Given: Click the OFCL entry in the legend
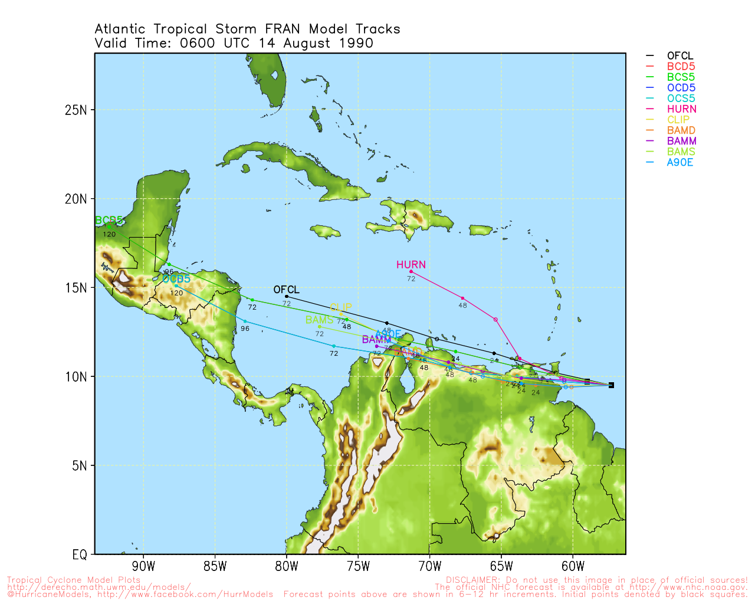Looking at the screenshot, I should pos(680,56).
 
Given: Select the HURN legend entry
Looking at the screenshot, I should pos(681,109).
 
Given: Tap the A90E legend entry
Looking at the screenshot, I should pos(680,162).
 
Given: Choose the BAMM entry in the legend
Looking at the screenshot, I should pos(681,141).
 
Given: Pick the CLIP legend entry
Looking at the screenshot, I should pos(678,120).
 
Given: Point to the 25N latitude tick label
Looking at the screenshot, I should pos(75,110).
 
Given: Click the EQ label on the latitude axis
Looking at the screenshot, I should pos(80,554).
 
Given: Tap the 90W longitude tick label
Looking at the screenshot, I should pos(143,567).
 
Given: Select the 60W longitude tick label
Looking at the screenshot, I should pos(573,567).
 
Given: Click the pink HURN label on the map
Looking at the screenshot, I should pos(411,265).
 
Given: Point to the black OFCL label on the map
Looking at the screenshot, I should pos(287,290).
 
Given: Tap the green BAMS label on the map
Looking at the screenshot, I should pos(319,320).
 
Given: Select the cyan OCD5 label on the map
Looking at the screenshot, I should pos(176,278).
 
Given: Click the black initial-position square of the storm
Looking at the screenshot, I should pos(611,385).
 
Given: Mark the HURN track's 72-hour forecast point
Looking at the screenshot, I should pos(411,271).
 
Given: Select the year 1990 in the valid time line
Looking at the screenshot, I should pos(356,43).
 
